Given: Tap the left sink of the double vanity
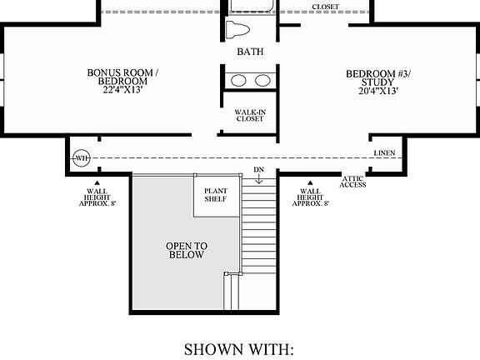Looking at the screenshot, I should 239,81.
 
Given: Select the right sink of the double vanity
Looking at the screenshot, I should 262,81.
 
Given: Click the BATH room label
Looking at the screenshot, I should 250,52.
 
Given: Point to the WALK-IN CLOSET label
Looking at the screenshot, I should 250,116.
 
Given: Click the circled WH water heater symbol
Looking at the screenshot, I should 82,157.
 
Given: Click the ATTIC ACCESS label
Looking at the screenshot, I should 354,181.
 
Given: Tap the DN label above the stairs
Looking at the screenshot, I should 259,170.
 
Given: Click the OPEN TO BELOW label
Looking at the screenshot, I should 186,251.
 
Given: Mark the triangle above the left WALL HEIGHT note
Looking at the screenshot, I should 97,182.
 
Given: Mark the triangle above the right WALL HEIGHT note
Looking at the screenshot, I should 309,182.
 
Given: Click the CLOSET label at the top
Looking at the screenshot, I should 325,7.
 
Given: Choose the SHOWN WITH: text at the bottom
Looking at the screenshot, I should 238,347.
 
